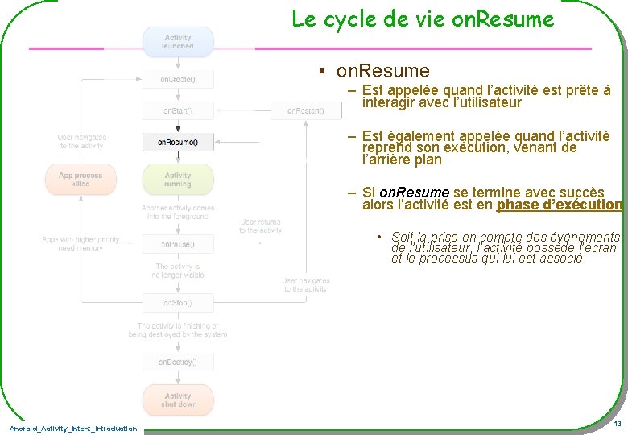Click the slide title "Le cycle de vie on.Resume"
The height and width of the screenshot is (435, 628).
tap(423, 19)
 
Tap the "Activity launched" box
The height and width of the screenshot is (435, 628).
tap(178, 42)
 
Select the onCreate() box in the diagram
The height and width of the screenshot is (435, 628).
tap(178, 80)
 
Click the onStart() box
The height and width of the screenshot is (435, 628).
tap(178, 110)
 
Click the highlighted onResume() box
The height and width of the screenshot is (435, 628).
tap(178, 143)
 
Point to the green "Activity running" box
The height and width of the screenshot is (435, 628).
tap(178, 180)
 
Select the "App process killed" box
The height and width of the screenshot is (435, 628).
tap(81, 180)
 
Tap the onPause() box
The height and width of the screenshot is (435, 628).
tap(178, 243)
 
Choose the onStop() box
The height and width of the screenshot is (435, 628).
tap(178, 303)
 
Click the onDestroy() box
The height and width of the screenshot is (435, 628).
tap(178, 362)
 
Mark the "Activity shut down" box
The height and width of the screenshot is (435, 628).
tap(178, 400)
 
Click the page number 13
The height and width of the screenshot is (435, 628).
tap(617, 424)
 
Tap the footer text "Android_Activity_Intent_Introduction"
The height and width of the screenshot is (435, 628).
tap(73, 429)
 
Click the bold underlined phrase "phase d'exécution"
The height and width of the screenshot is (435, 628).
tap(560, 205)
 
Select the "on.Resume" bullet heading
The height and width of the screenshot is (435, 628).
tap(382, 71)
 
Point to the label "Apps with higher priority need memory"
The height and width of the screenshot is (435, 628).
tap(81, 244)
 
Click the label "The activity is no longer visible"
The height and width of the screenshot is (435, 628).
tap(178, 271)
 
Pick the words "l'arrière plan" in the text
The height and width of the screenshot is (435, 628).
tap(402, 159)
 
